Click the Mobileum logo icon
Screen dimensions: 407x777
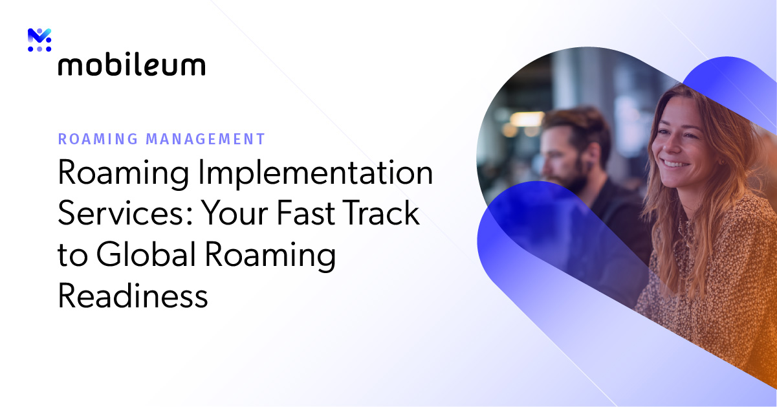[39, 40]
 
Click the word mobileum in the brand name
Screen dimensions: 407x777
[131, 65]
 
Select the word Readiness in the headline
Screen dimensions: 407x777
[133, 296]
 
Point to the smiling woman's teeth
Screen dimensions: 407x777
[675, 163]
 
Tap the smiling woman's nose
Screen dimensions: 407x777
[672, 146]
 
